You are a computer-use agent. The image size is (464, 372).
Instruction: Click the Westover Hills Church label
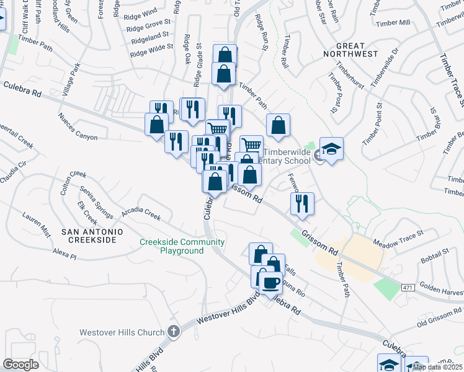click(x=122, y=332)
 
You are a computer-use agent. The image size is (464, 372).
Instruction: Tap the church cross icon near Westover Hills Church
click(x=173, y=331)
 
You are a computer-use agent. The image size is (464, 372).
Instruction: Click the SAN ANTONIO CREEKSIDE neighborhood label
click(x=89, y=235)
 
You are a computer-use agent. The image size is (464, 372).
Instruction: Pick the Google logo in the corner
click(x=21, y=364)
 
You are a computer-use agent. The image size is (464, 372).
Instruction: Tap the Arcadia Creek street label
click(x=142, y=213)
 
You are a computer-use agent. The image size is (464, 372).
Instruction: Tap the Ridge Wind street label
click(x=141, y=12)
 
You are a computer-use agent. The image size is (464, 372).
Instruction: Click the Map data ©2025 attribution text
click(x=437, y=367)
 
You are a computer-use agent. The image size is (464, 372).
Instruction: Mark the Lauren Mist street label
click(x=36, y=224)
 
